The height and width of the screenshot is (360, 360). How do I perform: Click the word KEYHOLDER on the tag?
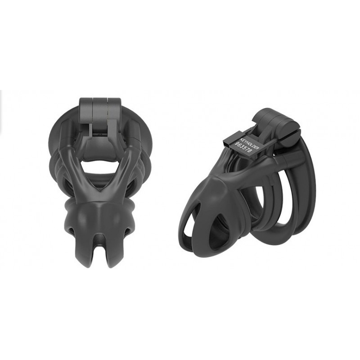pos(249,144)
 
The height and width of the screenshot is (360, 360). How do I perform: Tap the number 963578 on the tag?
pos(243,149)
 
